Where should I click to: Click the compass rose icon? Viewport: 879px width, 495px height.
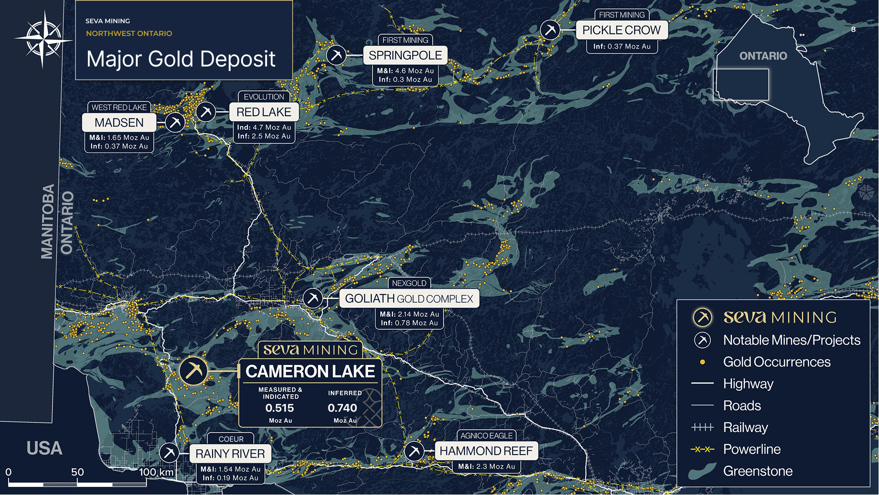[43, 40]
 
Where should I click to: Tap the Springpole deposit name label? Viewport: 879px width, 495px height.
[405, 56]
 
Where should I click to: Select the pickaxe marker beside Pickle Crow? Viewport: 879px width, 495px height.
[550, 31]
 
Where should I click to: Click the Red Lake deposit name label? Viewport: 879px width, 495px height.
[263, 112]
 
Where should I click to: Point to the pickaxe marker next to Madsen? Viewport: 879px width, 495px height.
[175, 122]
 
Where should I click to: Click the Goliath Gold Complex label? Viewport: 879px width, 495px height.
[409, 299]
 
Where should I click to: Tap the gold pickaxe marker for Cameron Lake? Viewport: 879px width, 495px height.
[193, 371]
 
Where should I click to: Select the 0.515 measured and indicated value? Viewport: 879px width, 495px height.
[279, 408]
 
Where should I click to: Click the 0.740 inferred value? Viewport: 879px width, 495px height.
[342, 408]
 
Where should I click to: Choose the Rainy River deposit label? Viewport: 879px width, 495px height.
[230, 454]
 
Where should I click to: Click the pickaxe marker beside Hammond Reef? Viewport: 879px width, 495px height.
[414, 451]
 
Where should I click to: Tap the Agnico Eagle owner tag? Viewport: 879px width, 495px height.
[486, 436]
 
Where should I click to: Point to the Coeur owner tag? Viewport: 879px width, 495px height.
[231, 439]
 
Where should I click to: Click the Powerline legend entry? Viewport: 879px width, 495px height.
[752, 449]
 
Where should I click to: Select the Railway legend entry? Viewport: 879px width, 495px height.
[745, 428]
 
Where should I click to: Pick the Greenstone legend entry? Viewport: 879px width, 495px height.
[758, 471]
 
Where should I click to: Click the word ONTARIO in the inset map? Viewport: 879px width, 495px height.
[763, 56]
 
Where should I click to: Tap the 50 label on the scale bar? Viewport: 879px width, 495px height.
[77, 472]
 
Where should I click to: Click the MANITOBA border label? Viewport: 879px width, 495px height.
[48, 222]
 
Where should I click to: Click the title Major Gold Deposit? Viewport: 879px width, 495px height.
[181, 59]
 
